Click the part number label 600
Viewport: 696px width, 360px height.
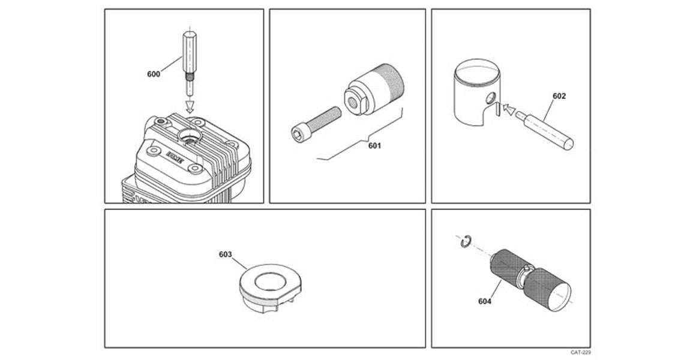coord(154,74)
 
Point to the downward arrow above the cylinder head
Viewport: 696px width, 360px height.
coord(190,106)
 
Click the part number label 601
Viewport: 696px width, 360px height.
coord(374,145)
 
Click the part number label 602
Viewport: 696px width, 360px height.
coord(559,95)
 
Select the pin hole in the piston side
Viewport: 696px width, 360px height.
coord(491,97)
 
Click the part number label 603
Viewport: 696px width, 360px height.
coord(226,254)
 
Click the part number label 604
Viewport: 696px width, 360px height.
coord(484,301)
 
